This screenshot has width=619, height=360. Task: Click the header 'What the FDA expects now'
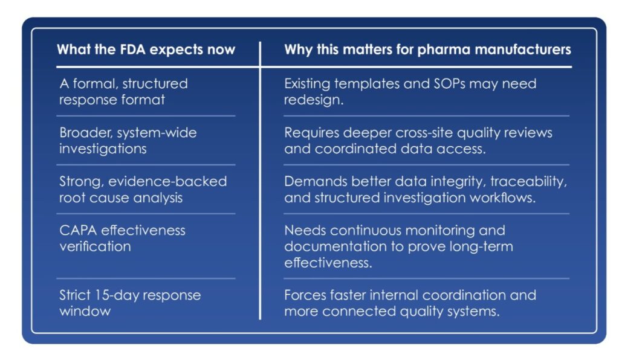pyautogui.click(x=146, y=50)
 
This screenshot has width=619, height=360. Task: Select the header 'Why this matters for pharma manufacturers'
pyautogui.click(x=427, y=50)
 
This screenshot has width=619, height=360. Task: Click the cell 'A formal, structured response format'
pyautogui.click(x=123, y=91)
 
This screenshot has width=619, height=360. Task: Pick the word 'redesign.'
pyautogui.click(x=314, y=100)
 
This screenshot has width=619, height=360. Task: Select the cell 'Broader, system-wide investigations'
pyautogui.click(x=128, y=140)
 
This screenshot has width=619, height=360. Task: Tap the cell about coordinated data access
pyautogui.click(x=418, y=141)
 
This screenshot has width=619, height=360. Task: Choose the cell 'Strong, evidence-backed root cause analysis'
pyautogui.click(x=143, y=189)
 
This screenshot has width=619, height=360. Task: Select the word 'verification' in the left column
pyautogui.click(x=95, y=246)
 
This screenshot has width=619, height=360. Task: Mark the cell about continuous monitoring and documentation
pyautogui.click(x=399, y=246)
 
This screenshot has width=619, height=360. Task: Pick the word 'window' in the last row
pyautogui.click(x=85, y=312)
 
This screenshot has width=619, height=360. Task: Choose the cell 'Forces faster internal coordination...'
pyautogui.click(x=410, y=303)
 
